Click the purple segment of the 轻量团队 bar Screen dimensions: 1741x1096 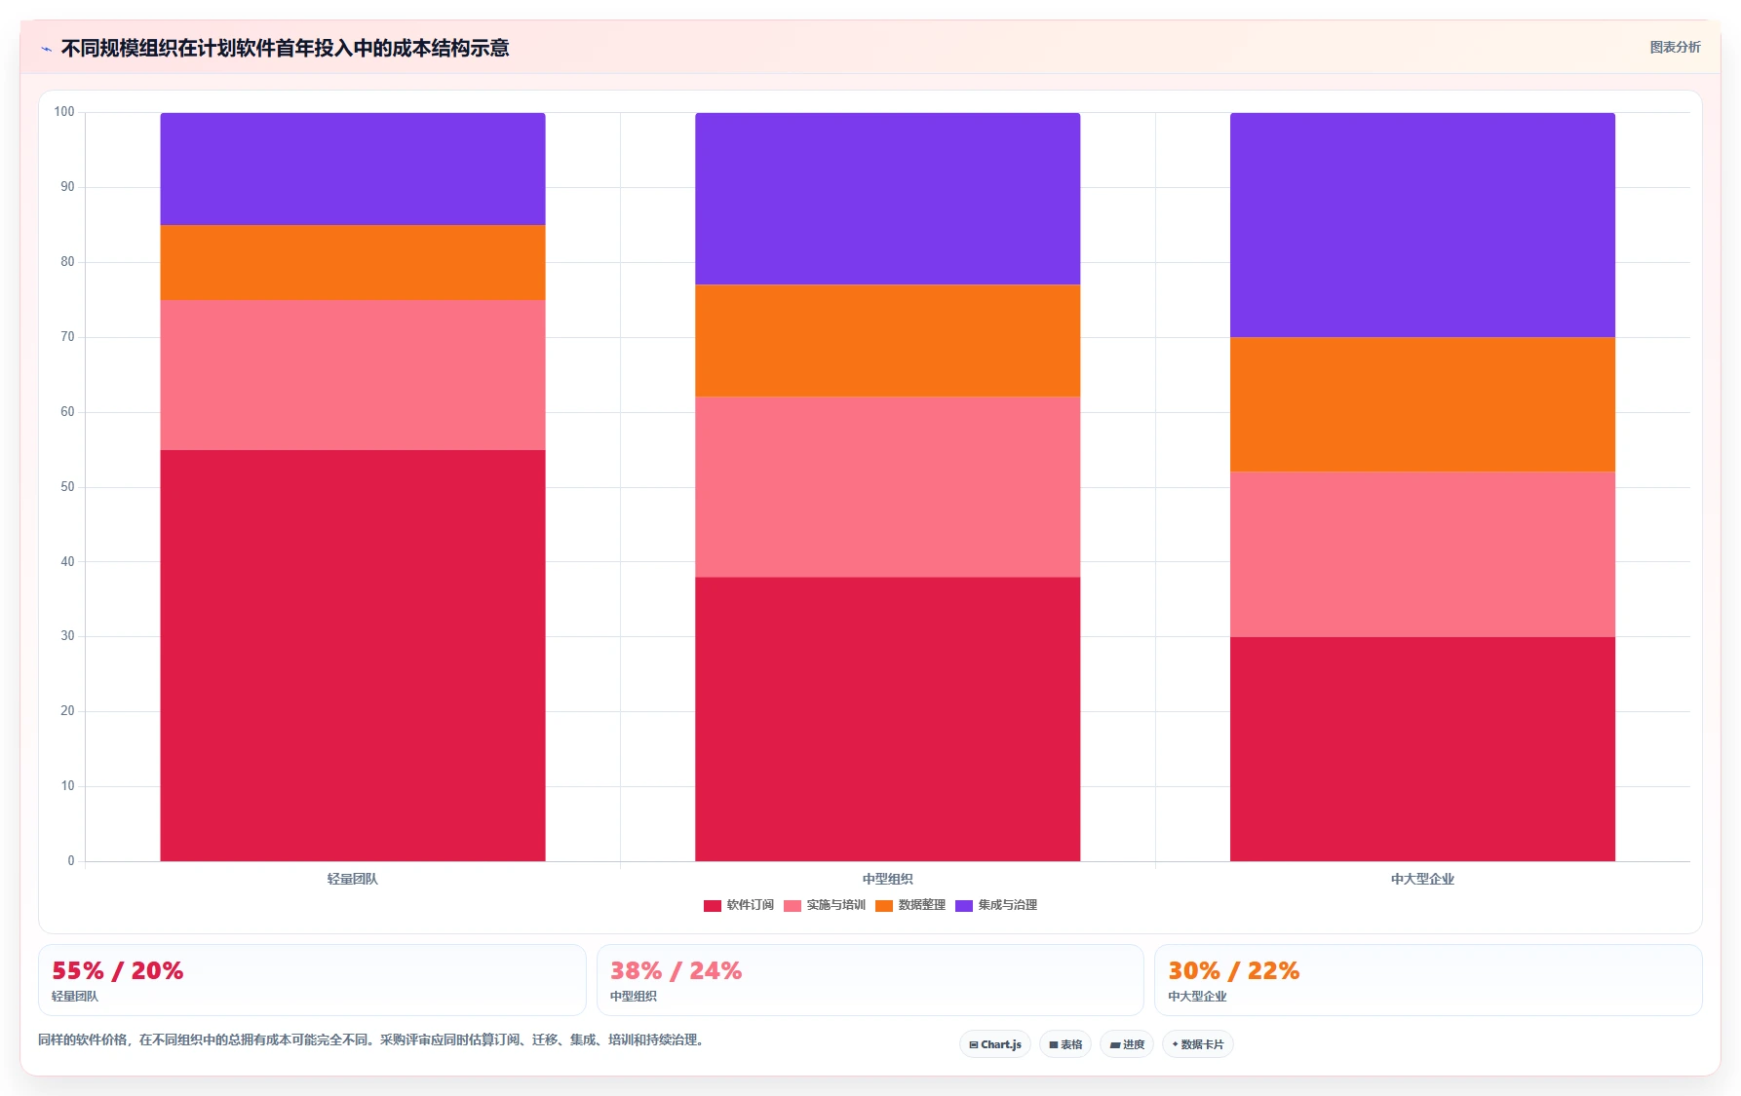point(353,169)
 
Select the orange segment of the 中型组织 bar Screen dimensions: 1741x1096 point(887,340)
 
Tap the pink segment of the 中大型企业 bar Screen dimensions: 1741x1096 point(1422,554)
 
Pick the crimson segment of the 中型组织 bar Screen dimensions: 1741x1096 point(887,719)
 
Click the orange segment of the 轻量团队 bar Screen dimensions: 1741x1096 point(353,262)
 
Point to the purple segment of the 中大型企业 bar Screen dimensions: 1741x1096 point(1422,225)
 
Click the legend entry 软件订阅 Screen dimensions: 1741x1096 point(739,905)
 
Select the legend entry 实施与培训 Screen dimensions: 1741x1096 point(825,905)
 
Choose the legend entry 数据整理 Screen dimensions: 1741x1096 point(910,905)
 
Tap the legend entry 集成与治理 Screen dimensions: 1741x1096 point(996,905)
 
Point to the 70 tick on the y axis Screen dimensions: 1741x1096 point(67,337)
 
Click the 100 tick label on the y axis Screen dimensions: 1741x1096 point(64,112)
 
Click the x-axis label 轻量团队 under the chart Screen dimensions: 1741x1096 point(353,879)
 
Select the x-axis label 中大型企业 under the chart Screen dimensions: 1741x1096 point(1422,879)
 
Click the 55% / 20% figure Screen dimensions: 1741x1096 point(118,971)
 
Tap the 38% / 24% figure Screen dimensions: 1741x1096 point(677,971)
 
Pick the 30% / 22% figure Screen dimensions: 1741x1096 point(1234,971)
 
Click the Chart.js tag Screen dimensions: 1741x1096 point(995,1044)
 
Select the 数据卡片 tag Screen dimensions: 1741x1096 point(1198,1044)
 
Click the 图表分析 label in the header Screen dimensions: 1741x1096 point(1675,47)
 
